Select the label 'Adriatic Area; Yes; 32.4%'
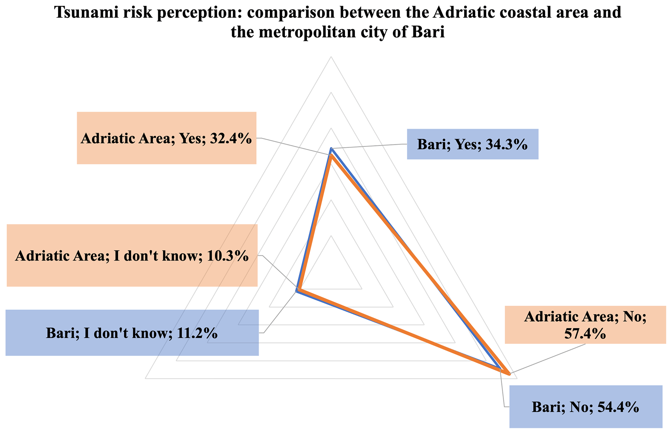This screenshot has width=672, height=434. pyautogui.click(x=166, y=138)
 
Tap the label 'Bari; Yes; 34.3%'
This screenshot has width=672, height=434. pyautogui.click(x=472, y=144)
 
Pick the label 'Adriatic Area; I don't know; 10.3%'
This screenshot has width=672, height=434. pyautogui.click(x=132, y=256)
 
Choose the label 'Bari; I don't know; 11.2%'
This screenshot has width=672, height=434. pyautogui.click(x=132, y=333)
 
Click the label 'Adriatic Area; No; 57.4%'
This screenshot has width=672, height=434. pyautogui.click(x=585, y=325)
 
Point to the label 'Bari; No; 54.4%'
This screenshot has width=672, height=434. pyautogui.click(x=585, y=407)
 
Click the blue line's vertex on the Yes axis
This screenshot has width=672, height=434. pyautogui.click(x=331, y=149)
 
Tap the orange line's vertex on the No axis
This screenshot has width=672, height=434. pyautogui.click(x=509, y=374)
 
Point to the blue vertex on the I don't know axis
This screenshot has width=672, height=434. pyautogui.click(x=297, y=291)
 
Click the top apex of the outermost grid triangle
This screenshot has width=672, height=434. pyautogui.click(x=331, y=57)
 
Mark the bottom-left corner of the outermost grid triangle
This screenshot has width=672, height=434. pyautogui.click(x=145, y=378)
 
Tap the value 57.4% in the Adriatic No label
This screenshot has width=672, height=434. pyautogui.click(x=585, y=334)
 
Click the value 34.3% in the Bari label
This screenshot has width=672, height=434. pyautogui.click(x=506, y=144)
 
